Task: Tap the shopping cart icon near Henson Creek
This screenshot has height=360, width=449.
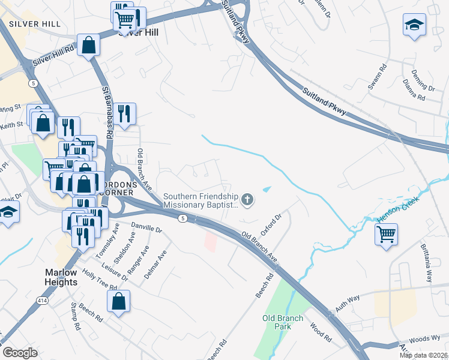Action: tap(386, 233)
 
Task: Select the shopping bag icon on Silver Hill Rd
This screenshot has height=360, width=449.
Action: tap(88, 45)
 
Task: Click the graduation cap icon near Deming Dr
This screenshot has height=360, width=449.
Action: tap(414, 25)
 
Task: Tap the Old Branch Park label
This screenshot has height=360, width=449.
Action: tap(277, 322)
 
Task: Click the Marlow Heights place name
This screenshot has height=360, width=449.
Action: tap(61, 277)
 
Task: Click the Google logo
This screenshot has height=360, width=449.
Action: tap(20, 352)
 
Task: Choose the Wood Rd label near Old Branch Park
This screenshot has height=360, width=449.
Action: tap(321, 334)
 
